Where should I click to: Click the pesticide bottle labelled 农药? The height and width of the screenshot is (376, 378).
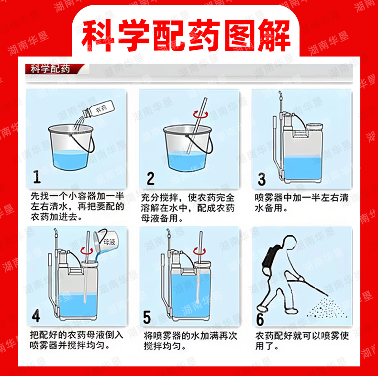pyautogui.click(x=99, y=110)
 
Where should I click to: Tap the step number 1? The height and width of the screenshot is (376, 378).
pyautogui.click(x=37, y=177)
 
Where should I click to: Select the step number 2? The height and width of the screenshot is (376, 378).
pyautogui.click(x=151, y=178)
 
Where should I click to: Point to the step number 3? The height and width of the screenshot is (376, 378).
pyautogui.click(x=262, y=179)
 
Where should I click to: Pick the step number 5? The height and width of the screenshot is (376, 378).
pyautogui.click(x=147, y=317)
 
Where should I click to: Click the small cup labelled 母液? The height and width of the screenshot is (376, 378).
pyautogui.click(x=106, y=242)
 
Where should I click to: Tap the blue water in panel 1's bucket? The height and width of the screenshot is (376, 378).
pyautogui.click(x=69, y=160)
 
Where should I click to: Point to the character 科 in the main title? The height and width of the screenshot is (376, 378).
pyautogui.click(x=98, y=35)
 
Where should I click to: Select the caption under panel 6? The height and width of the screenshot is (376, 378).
pyautogui.click(x=302, y=341)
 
